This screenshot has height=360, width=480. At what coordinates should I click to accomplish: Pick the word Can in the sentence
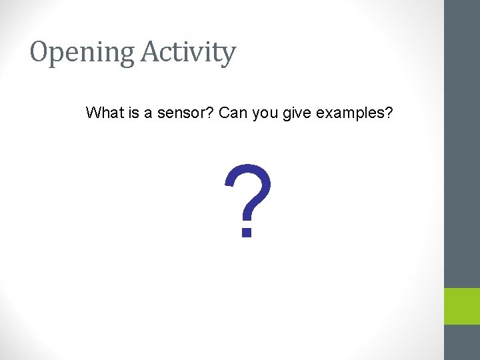point(233,113)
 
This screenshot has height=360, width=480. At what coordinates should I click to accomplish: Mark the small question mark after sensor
point(209,113)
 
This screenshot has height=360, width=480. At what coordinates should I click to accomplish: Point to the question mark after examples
point(389,113)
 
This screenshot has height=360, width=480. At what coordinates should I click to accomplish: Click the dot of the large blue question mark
point(247,232)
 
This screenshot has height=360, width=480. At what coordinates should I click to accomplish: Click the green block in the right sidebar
point(462,306)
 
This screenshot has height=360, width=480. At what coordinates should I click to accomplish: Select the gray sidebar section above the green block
point(462,143)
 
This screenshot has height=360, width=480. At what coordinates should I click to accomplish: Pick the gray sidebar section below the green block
point(462,343)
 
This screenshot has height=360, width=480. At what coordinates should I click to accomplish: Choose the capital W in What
point(93,113)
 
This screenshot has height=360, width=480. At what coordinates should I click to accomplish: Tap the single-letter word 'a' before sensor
point(147,113)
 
